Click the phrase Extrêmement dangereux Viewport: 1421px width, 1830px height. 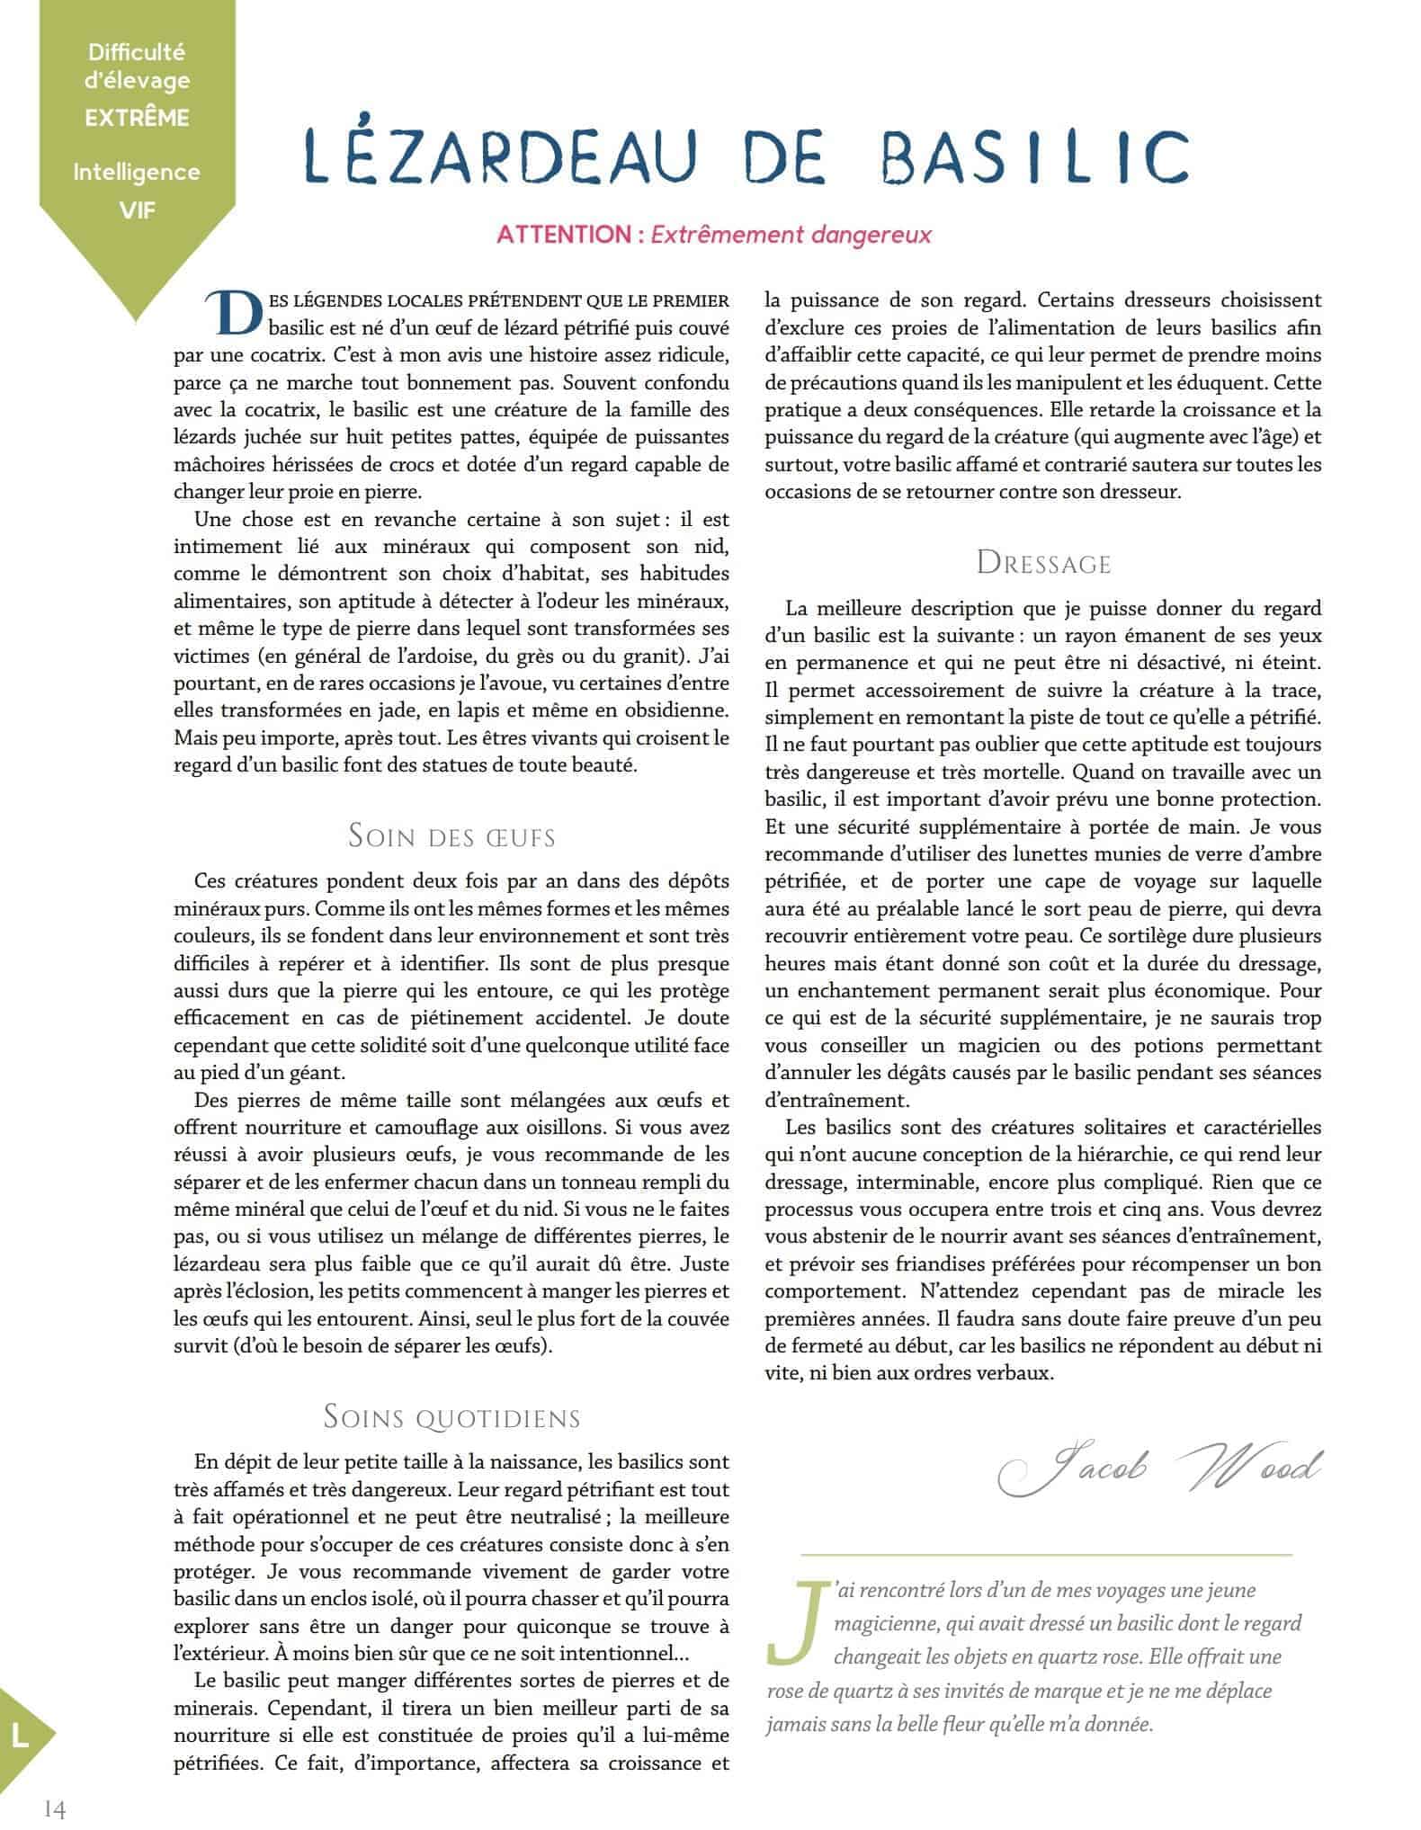pyautogui.click(x=791, y=236)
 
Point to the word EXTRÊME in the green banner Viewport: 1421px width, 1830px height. pyautogui.click(x=138, y=118)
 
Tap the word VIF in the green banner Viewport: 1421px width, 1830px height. pyautogui.click(x=138, y=210)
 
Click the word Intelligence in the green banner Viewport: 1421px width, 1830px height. pyautogui.click(x=138, y=172)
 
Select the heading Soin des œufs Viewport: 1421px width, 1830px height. pyautogui.click(x=451, y=837)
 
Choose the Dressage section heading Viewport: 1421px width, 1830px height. pyautogui.click(x=1044, y=564)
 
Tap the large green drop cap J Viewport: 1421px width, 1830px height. pyautogui.click(x=794, y=1620)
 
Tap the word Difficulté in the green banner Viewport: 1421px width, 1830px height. pyautogui.click(x=138, y=53)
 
